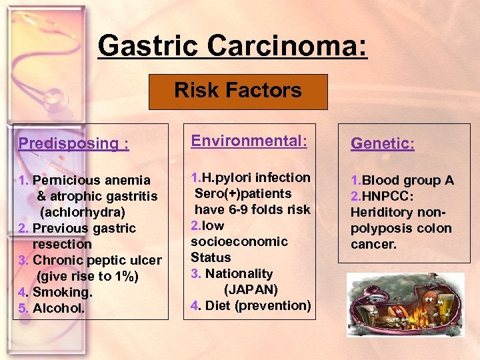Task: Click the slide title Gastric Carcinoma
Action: pos(232,46)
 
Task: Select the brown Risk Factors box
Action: pos(238,91)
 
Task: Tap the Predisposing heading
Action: pos(73,143)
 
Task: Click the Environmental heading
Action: pos(249,141)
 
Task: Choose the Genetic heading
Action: pos(383,143)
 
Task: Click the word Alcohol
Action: pos(59,308)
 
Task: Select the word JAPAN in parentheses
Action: pos(251,289)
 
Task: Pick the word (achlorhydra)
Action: pos(83,212)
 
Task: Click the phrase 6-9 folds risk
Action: pos(271,209)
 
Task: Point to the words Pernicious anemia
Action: pos(91,180)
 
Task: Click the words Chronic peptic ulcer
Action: pos(97,260)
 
